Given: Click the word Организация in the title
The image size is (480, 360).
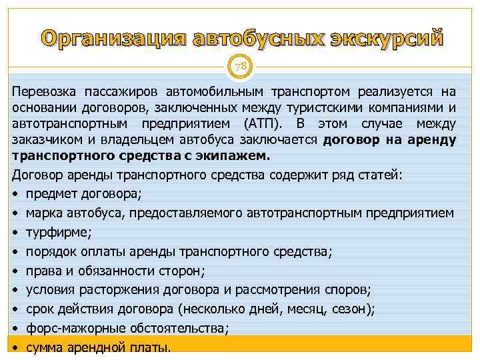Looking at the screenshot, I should coord(109,37).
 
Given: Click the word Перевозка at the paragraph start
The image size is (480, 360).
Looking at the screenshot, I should coord(44,91).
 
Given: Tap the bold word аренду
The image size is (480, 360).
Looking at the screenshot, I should coord(436,141).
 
